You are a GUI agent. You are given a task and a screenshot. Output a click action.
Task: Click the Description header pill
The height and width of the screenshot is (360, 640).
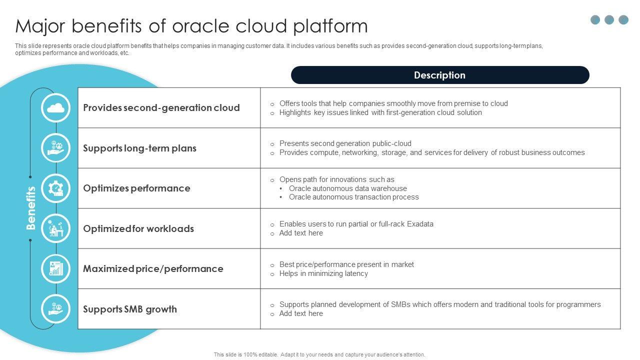pyautogui.click(x=439, y=75)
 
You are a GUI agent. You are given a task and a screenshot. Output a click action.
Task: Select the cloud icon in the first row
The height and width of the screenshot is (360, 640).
pyautogui.click(x=55, y=107)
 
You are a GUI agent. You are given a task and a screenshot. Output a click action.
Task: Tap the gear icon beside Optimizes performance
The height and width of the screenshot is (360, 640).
pyautogui.click(x=55, y=188)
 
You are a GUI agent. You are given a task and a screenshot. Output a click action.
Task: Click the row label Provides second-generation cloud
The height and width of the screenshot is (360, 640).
pyautogui.click(x=161, y=108)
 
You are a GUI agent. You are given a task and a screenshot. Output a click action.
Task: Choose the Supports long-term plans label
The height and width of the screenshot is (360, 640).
pyautogui.click(x=139, y=148)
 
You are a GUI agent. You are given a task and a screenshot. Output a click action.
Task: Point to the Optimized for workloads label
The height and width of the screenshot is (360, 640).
pyautogui.click(x=138, y=229)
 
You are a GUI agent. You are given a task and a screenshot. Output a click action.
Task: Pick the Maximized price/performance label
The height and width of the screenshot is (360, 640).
pyautogui.click(x=153, y=269)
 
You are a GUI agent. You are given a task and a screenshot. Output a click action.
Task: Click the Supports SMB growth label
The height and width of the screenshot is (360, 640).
pyautogui.click(x=130, y=309)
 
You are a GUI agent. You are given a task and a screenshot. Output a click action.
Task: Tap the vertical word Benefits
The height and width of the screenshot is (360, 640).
pyautogui.click(x=31, y=208)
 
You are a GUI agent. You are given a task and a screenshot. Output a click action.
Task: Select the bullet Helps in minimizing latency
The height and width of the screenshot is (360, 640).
pyautogui.click(x=323, y=273)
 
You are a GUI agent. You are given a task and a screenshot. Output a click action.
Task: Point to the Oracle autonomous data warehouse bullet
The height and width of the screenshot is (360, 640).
pyautogui.click(x=347, y=188)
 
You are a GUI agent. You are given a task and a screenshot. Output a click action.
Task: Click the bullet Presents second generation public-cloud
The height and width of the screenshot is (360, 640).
pyautogui.click(x=345, y=143)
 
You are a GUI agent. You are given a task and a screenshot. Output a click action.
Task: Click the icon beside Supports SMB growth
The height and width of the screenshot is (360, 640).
pyautogui.click(x=55, y=309)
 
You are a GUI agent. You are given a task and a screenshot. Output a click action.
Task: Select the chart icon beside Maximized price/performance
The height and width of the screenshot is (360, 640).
pyautogui.click(x=55, y=269)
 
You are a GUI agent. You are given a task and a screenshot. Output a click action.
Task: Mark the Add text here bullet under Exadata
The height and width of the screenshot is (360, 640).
pyautogui.click(x=301, y=233)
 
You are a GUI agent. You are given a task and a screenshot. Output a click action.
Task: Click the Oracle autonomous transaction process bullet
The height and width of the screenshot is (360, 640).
pyautogui.click(x=353, y=197)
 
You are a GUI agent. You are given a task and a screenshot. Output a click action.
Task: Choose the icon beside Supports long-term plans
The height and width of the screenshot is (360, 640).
pyautogui.click(x=55, y=148)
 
